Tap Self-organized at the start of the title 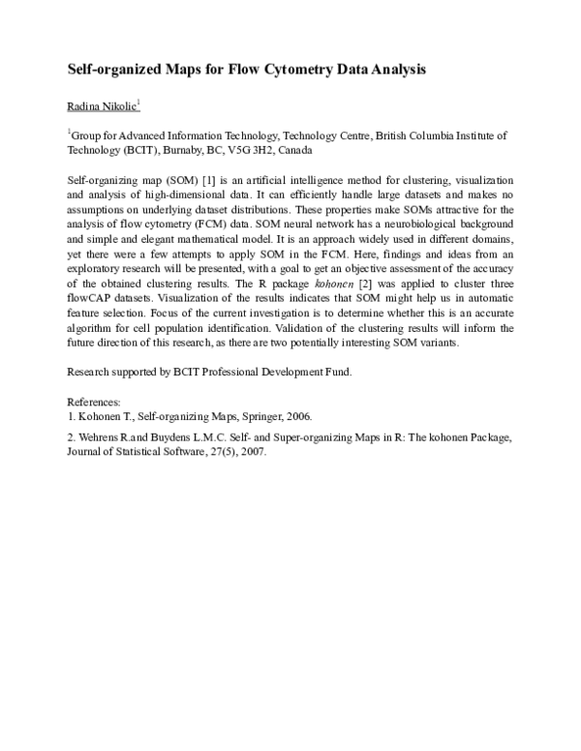click(x=107, y=71)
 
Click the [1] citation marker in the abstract click(x=206, y=181)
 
